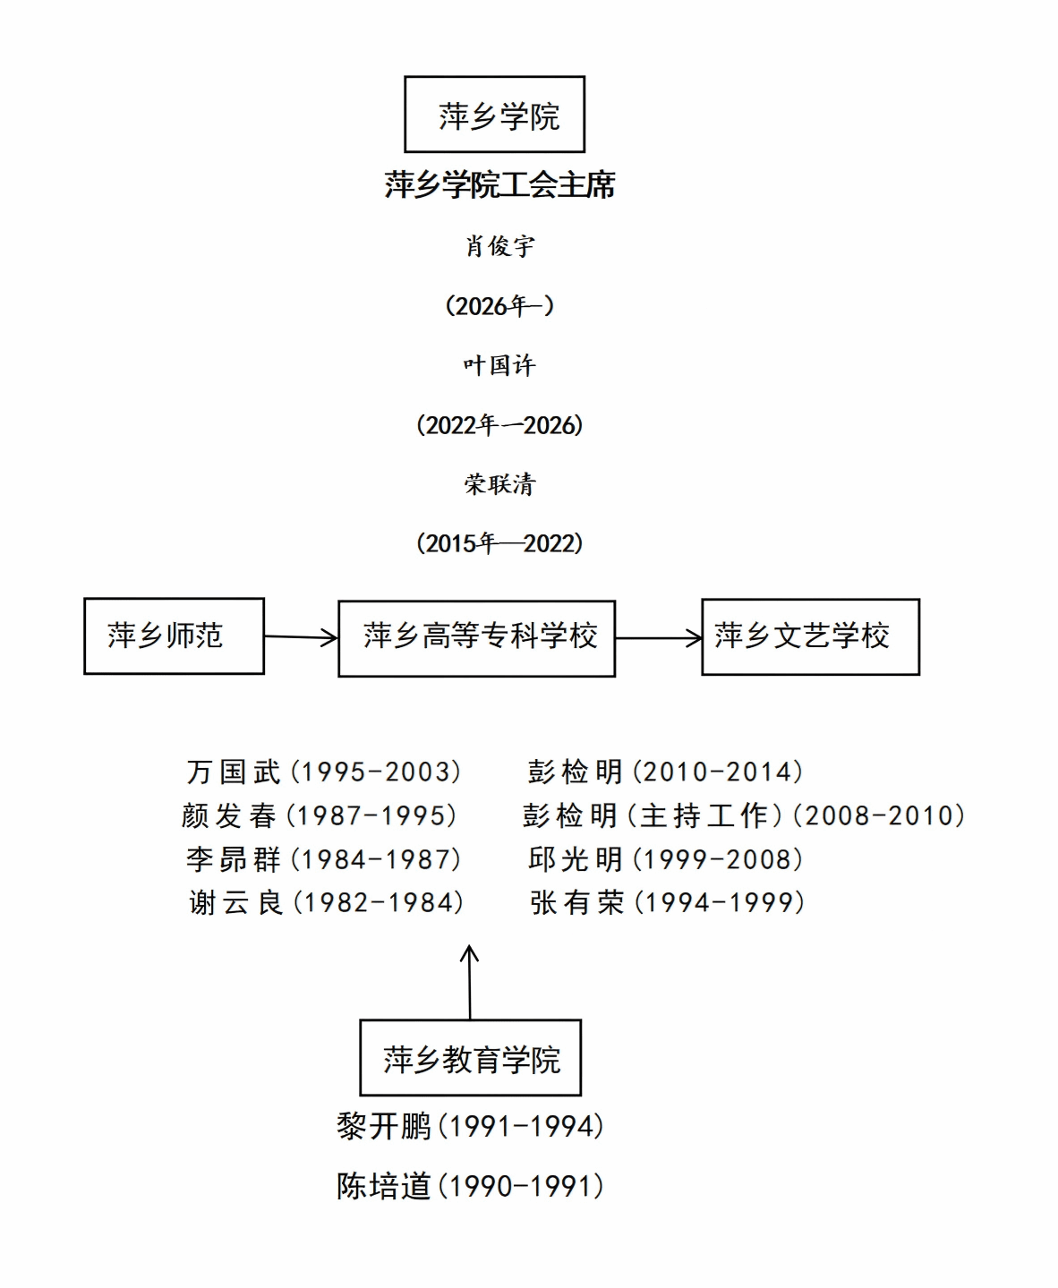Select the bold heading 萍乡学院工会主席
point(499,185)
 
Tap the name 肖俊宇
point(499,246)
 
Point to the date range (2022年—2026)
point(499,425)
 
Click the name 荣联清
point(499,484)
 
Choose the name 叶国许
point(499,365)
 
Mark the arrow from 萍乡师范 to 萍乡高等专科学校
point(301,637)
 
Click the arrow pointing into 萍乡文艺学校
point(659,638)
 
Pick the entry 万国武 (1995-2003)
point(324,772)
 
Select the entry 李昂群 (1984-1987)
point(324,859)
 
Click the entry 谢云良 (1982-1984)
point(327,902)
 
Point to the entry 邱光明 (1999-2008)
point(666,859)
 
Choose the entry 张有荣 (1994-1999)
point(668,902)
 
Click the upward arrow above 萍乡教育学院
point(469,982)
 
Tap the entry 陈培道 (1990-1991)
point(470,1186)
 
